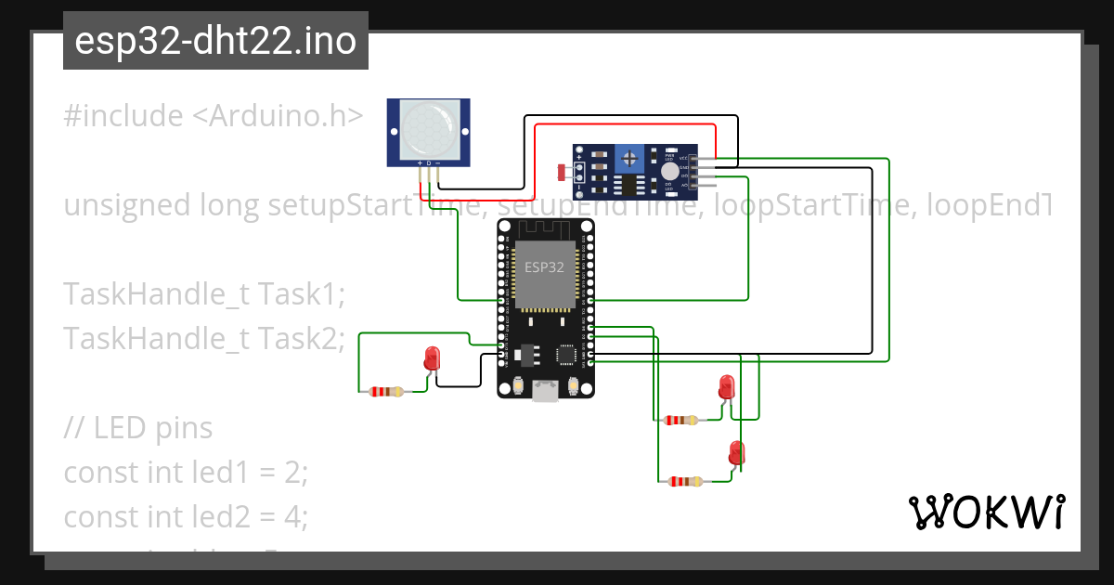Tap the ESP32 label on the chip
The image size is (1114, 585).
pos(544,267)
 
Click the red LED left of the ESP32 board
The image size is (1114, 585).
pos(432,358)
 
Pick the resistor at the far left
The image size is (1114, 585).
pos(385,392)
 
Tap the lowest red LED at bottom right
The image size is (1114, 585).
pos(736,453)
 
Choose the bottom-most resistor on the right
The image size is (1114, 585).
pos(684,482)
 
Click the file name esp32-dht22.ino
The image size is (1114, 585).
pos(215,41)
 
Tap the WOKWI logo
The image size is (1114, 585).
pos(986,512)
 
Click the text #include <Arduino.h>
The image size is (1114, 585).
pos(213,116)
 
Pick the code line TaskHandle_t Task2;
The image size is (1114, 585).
pos(204,339)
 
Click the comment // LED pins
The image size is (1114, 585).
pos(138,428)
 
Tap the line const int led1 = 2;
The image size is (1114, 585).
pos(185,473)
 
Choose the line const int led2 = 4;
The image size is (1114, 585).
pos(185,516)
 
